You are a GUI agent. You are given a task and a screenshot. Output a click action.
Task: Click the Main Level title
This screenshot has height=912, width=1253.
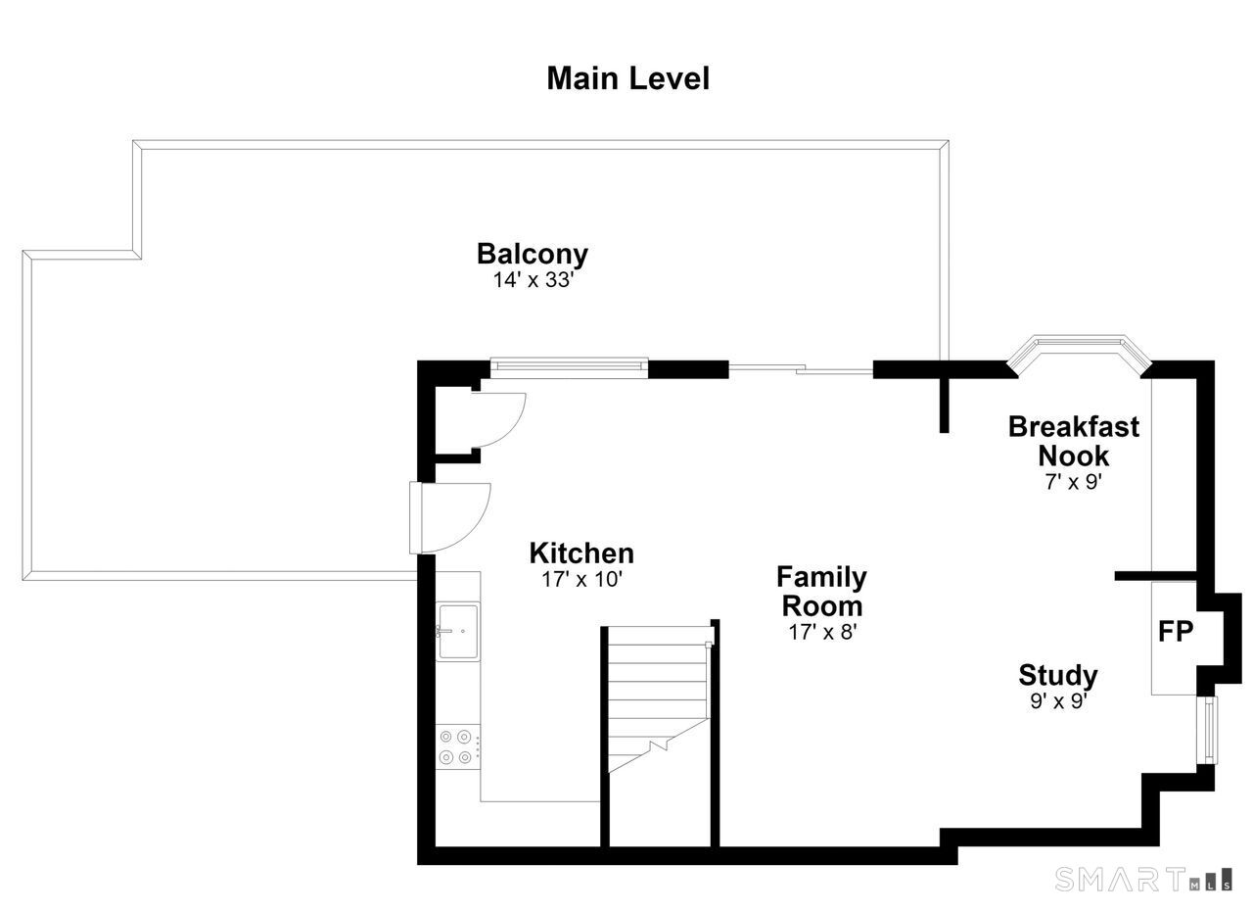point(628,79)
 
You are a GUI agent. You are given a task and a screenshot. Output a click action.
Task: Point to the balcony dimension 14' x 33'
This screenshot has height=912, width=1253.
point(534,280)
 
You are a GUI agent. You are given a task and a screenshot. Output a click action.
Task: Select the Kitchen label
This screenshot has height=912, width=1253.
point(581,553)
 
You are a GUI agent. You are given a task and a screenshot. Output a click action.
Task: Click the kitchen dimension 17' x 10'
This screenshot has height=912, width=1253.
point(581,580)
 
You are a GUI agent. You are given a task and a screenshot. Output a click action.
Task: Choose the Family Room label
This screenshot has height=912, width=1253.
point(821,592)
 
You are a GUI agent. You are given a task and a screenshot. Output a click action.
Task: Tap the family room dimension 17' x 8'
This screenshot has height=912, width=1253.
point(823,632)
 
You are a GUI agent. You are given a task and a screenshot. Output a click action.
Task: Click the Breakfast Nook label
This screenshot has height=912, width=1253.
point(1074,442)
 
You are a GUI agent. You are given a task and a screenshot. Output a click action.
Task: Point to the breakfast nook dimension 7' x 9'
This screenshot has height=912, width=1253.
point(1074,482)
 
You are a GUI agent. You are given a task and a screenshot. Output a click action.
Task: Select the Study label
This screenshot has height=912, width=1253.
point(1058,676)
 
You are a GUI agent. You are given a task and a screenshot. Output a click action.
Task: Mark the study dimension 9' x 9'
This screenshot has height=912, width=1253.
point(1058,701)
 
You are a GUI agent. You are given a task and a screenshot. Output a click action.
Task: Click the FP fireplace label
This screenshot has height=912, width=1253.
point(1176,632)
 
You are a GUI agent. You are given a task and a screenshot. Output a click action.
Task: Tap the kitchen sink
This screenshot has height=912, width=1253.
point(458,632)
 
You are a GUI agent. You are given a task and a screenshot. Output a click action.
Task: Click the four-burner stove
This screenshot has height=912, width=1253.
point(457,746)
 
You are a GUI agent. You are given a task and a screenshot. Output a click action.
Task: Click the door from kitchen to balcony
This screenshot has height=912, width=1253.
point(449,518)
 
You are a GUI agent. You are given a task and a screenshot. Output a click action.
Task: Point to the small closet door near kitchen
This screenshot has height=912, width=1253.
point(498,420)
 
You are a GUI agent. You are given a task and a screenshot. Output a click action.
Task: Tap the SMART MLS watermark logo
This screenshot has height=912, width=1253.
point(1142,879)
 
